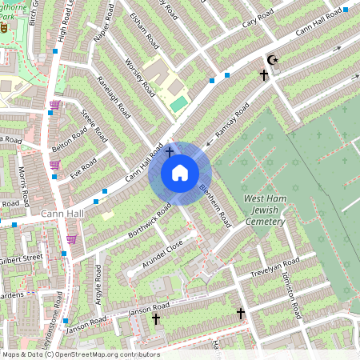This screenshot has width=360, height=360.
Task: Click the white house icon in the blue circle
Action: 180,172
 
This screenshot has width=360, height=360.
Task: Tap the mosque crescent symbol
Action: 270,59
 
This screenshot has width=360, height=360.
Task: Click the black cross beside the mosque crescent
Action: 263,74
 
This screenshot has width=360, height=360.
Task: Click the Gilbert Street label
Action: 22,258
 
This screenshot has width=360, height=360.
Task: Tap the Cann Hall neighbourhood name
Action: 62,214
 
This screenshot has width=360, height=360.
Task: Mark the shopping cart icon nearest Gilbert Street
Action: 72,238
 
